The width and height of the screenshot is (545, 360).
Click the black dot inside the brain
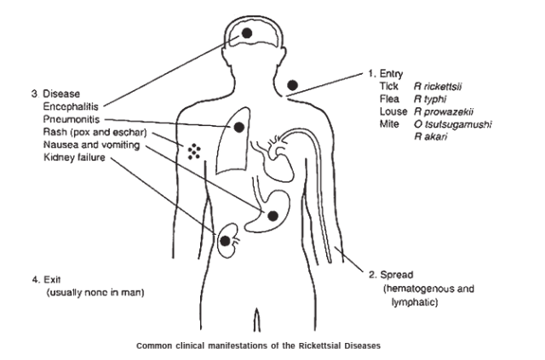coord(247,33)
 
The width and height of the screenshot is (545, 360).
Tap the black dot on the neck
coord(293,85)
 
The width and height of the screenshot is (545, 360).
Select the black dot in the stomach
coord(272,216)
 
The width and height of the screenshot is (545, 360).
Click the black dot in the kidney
coord(225,241)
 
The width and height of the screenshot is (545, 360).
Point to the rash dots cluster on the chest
coord(195,151)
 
